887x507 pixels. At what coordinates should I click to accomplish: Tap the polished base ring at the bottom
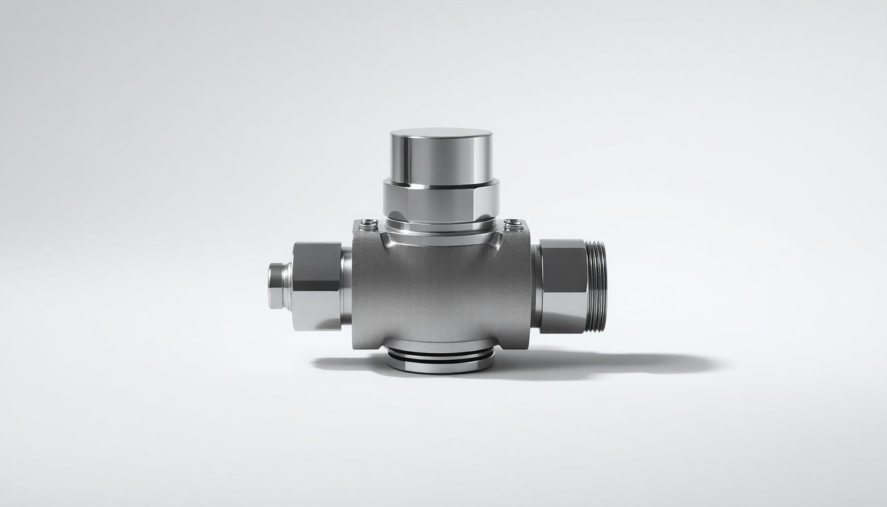[441, 360]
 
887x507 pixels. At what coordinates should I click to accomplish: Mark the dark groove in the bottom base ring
[441, 357]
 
